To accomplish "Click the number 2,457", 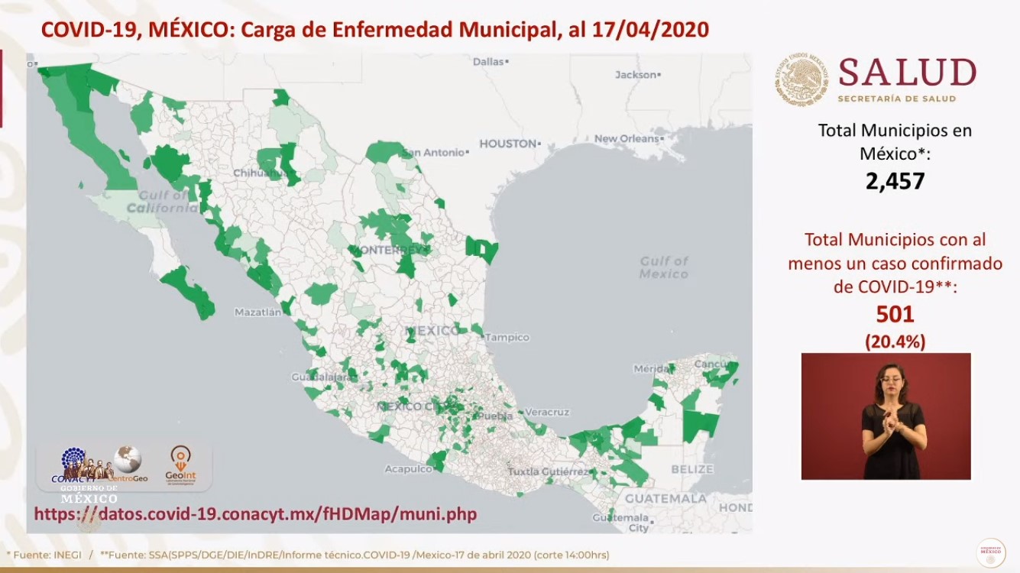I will coord(895,181).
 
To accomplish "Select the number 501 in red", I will coord(895,314).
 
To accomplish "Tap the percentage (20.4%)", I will coord(895,342).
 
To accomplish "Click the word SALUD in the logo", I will coord(907,73).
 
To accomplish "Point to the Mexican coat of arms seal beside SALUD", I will coord(803,79).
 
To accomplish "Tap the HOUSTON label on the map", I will coord(507,144).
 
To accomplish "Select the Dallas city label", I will coord(489,62).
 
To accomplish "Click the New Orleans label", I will coord(626,139).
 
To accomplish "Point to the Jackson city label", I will coord(636,75).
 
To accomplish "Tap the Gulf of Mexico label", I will coord(663,267).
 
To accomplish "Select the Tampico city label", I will coord(507,337).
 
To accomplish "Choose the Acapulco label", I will coord(403,468).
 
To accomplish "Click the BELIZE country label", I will coord(691,469).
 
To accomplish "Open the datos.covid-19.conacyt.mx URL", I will coord(255,514).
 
